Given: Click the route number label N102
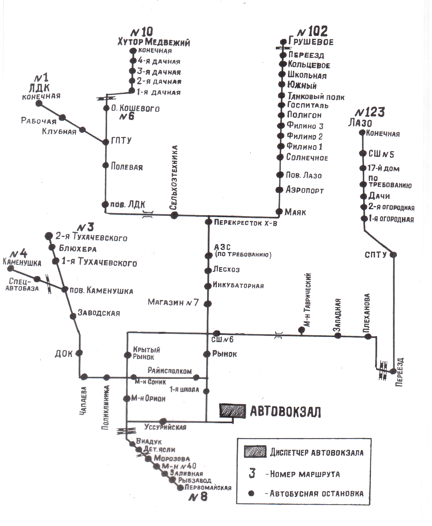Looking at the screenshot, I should (x=312, y=32).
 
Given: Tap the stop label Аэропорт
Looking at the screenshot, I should (x=305, y=190).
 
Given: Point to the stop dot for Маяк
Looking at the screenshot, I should (x=279, y=212).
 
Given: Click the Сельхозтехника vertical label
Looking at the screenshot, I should (x=173, y=178).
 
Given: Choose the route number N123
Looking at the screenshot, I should (x=370, y=112).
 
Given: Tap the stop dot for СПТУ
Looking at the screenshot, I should (x=393, y=254).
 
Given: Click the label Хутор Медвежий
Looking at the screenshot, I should (x=153, y=43).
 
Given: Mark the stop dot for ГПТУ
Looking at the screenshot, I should (x=105, y=142).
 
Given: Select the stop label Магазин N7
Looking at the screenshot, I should (x=173, y=302).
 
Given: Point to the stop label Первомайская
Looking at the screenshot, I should (x=208, y=488).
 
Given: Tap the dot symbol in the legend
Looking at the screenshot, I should (x=251, y=494).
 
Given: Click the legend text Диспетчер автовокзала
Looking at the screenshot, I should (x=316, y=453).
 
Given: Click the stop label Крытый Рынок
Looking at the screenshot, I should (x=146, y=353).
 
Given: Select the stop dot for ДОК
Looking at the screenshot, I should (x=79, y=353).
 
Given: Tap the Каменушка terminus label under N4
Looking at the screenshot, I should (x=22, y=262).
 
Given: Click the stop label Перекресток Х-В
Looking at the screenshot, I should (x=245, y=223).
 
